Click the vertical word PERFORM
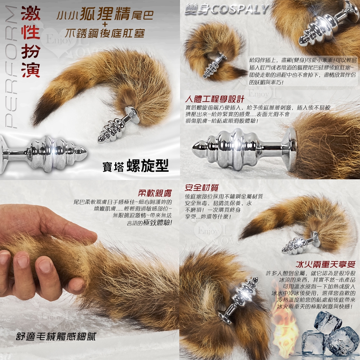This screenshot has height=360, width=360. point(11,67)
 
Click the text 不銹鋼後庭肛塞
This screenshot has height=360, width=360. point(105,33)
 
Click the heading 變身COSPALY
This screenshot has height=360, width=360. point(226,10)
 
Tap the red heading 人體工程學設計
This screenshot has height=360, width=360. point(215,99)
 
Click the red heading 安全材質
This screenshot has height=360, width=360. point(201,188)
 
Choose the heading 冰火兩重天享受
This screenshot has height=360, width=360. point(325,265)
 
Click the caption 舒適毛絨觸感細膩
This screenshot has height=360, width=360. point(56,336)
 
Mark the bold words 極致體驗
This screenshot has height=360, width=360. point(157,223)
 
